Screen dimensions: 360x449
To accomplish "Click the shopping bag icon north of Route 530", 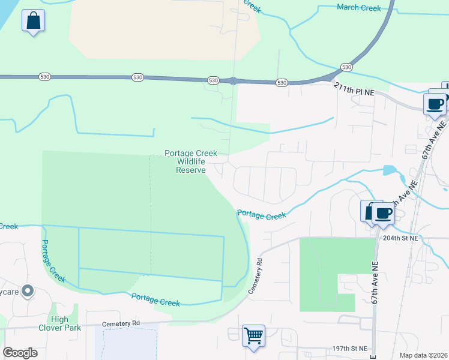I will (x=34, y=22).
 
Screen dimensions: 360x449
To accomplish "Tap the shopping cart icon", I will (x=253, y=335).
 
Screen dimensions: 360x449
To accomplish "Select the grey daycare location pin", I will (x=27, y=291).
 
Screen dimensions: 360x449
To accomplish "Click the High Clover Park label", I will (x=60, y=323).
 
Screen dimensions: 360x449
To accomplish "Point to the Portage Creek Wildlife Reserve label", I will (x=191, y=162).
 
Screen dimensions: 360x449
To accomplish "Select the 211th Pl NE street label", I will (x=354, y=87).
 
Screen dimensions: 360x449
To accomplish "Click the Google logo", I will (x=20, y=352).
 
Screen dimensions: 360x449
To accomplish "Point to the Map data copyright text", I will (x=423, y=355).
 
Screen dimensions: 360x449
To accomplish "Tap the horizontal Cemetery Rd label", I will (x=121, y=323).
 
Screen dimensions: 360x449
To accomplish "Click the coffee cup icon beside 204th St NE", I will (x=382, y=213).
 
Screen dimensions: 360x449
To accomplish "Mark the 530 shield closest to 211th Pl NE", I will (x=346, y=67).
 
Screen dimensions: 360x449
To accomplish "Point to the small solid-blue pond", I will (x=390, y=170).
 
